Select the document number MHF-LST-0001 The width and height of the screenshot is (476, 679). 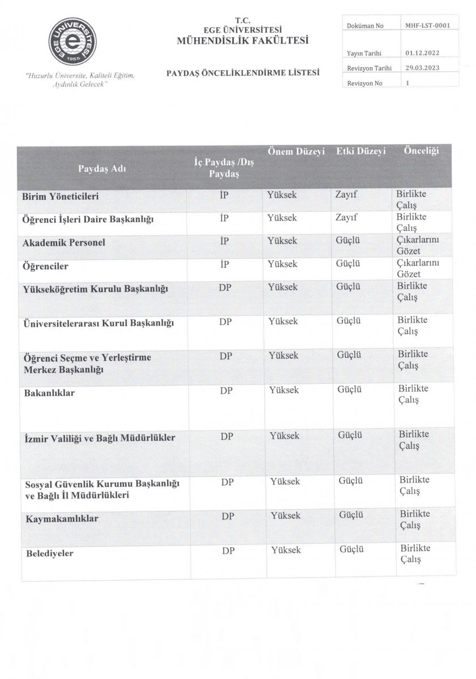pos(427,26)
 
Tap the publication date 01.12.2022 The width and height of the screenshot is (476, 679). pos(422,53)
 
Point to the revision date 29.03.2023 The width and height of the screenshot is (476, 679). pos(422,68)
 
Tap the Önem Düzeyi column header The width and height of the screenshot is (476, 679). pos(295,152)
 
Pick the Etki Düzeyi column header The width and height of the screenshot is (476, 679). pos(361,152)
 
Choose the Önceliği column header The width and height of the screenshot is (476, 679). pos(421,151)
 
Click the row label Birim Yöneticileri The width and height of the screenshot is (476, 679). pos(61,196)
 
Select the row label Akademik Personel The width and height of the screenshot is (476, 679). pos(64,243)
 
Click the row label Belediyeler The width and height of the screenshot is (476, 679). pos(50,553)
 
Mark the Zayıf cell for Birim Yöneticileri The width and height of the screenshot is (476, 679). pos(346,195)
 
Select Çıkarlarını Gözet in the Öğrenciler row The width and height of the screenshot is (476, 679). pos(418,269)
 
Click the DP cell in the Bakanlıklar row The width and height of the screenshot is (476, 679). pos(226,389)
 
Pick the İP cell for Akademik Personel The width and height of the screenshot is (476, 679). pos(224,241)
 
